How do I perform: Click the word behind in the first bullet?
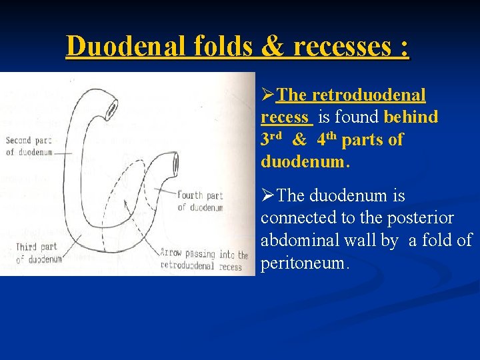tap(411, 117)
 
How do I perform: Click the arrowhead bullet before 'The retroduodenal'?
tap(267, 95)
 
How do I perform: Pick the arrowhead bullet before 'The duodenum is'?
tap(267, 196)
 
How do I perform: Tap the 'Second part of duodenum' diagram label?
tap(28, 146)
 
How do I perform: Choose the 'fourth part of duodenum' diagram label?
tap(200, 201)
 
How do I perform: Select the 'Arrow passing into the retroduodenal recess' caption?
tap(204, 260)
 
